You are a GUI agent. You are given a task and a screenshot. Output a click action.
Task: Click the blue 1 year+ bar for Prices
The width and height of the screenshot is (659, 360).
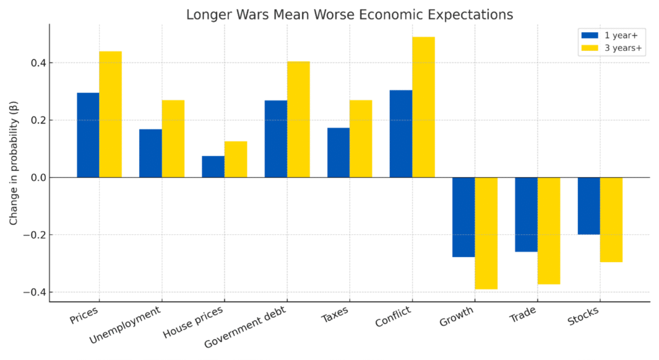click(x=88, y=135)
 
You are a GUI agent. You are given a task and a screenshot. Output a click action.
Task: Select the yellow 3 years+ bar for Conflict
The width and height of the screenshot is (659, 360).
click(x=423, y=107)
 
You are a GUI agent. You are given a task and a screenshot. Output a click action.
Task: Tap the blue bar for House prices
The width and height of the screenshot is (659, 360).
click(x=213, y=167)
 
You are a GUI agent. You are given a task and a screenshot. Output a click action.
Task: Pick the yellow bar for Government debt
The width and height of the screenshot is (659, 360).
click(x=299, y=119)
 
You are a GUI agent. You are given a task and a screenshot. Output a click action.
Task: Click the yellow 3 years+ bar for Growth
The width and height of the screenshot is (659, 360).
click(x=486, y=233)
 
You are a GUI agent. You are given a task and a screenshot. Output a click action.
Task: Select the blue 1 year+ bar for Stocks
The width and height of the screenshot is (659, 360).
click(x=589, y=205)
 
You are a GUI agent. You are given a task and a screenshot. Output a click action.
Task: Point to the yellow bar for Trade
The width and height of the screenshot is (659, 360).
click(x=549, y=231)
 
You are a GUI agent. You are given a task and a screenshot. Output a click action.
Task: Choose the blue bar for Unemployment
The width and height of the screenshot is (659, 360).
click(x=151, y=153)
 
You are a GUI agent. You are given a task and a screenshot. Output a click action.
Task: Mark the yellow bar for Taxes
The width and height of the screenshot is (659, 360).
click(x=361, y=138)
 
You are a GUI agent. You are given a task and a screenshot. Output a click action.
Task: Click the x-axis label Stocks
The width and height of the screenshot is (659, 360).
click(x=582, y=317)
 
